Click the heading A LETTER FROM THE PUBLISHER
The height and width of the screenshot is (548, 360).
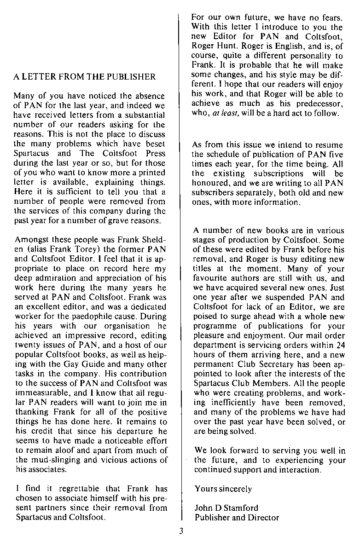[85, 76]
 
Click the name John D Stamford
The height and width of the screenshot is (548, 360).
[226, 508]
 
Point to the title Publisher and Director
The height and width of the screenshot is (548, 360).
[237, 518]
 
